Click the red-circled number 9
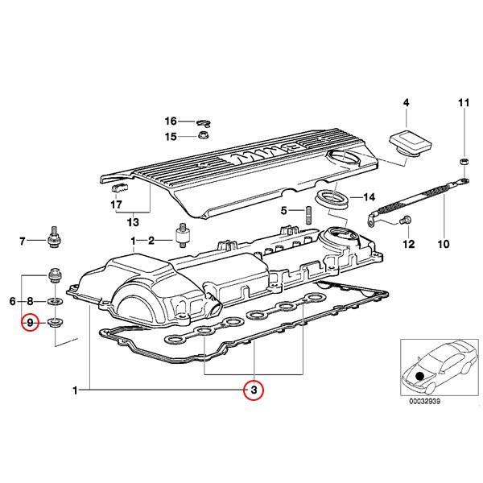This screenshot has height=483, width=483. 30,324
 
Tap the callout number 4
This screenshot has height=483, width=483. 406,102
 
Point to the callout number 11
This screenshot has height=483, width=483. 462,102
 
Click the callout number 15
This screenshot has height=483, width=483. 171,136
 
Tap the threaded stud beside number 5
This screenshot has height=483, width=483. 308,217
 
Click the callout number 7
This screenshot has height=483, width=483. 23,240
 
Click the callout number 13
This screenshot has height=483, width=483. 132,221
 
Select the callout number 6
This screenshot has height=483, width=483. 13,301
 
